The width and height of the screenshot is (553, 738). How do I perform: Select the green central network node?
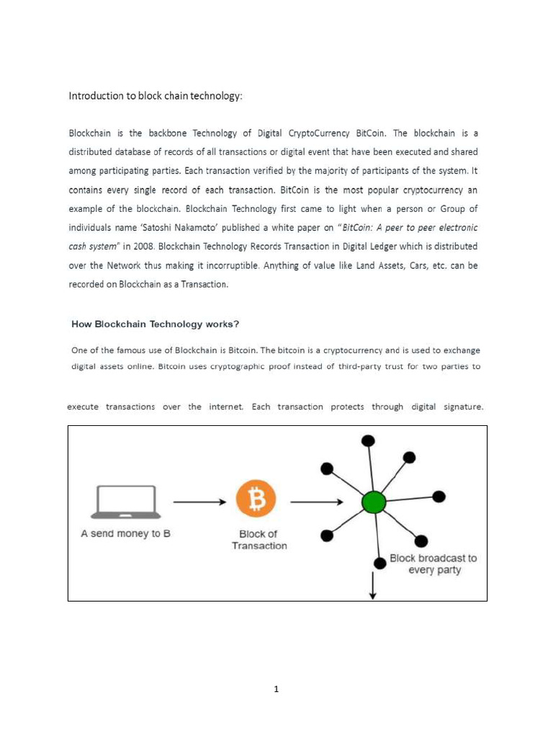[x=374, y=502]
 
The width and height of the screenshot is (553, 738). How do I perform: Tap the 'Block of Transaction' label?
[x=258, y=540]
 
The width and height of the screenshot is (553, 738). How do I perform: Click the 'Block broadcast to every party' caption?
[x=433, y=564]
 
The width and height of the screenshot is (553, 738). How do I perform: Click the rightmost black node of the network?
[x=439, y=497]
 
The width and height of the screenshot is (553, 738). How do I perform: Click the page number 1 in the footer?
[x=276, y=689]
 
